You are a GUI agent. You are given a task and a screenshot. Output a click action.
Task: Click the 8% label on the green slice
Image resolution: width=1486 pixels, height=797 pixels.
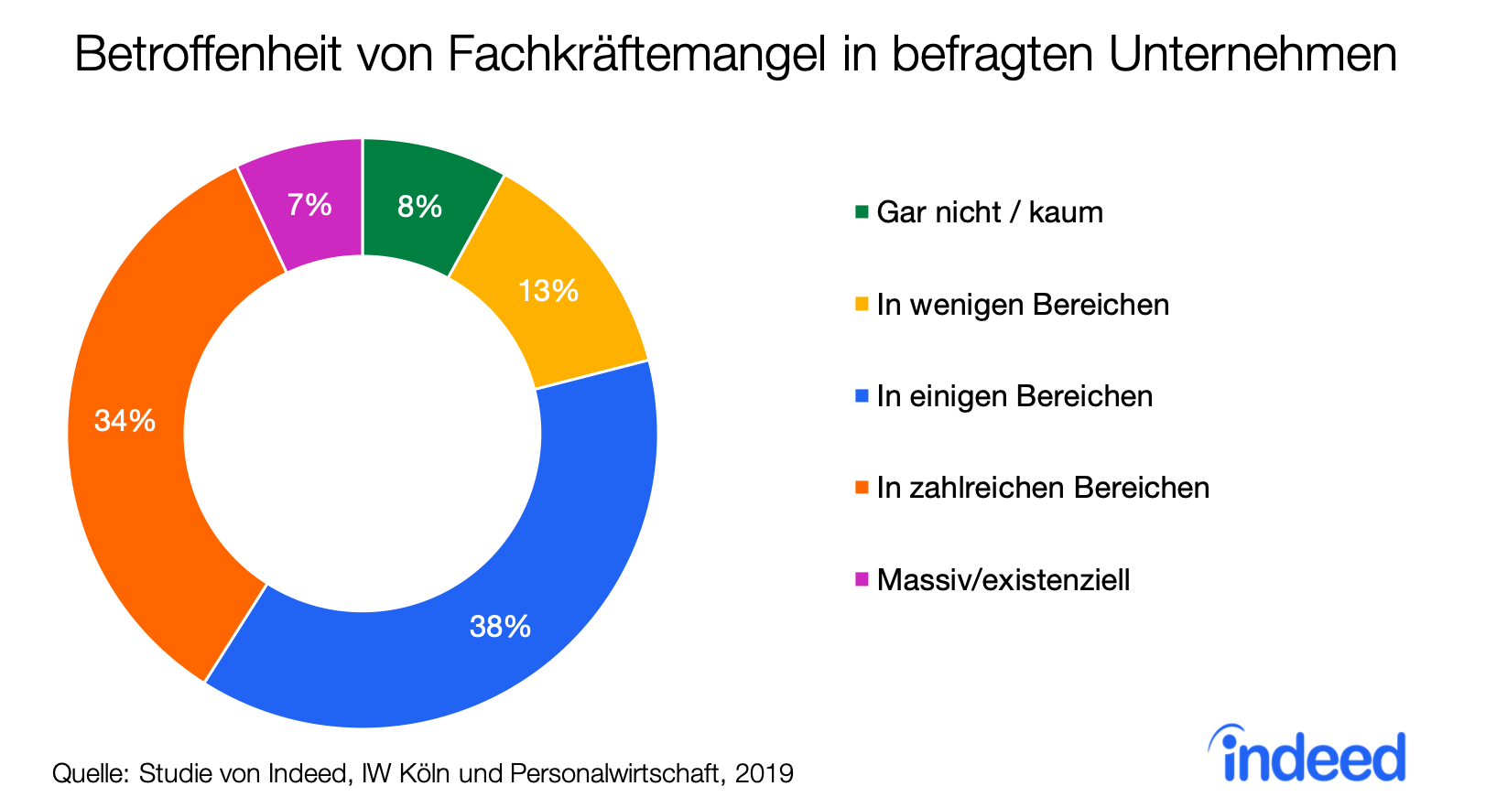click(x=419, y=207)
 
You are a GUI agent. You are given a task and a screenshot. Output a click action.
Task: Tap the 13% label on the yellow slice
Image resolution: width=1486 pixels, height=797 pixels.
click(x=548, y=291)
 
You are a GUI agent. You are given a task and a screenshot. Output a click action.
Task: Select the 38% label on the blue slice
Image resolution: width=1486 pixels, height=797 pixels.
click(x=500, y=627)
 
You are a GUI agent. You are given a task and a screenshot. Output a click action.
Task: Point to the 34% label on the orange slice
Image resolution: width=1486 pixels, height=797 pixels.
click(x=125, y=421)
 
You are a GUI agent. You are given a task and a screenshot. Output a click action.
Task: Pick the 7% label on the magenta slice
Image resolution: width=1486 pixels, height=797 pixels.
click(x=309, y=204)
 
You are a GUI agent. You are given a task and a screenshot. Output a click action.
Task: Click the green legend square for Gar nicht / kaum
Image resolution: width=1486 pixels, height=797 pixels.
click(x=862, y=212)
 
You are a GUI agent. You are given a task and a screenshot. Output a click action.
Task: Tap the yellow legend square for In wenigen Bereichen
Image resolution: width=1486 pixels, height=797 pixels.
click(x=862, y=304)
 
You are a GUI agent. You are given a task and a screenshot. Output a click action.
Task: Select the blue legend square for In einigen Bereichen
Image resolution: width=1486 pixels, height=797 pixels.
click(x=862, y=396)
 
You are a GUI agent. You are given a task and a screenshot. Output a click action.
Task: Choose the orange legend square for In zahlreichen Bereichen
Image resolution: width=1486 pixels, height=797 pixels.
click(x=862, y=488)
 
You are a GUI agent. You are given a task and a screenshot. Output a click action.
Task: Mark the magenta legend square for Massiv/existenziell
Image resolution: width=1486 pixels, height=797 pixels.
click(x=862, y=579)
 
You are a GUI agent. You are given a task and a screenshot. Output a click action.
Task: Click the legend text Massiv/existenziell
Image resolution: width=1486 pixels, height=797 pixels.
click(x=1003, y=580)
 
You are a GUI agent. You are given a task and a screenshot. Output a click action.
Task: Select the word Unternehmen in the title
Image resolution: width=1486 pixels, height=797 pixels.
click(x=1253, y=56)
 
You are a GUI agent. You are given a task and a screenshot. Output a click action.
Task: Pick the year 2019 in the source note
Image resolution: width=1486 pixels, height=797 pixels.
click(x=764, y=774)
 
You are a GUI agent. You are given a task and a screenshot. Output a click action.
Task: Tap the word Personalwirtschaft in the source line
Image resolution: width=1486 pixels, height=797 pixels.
click(x=618, y=774)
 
